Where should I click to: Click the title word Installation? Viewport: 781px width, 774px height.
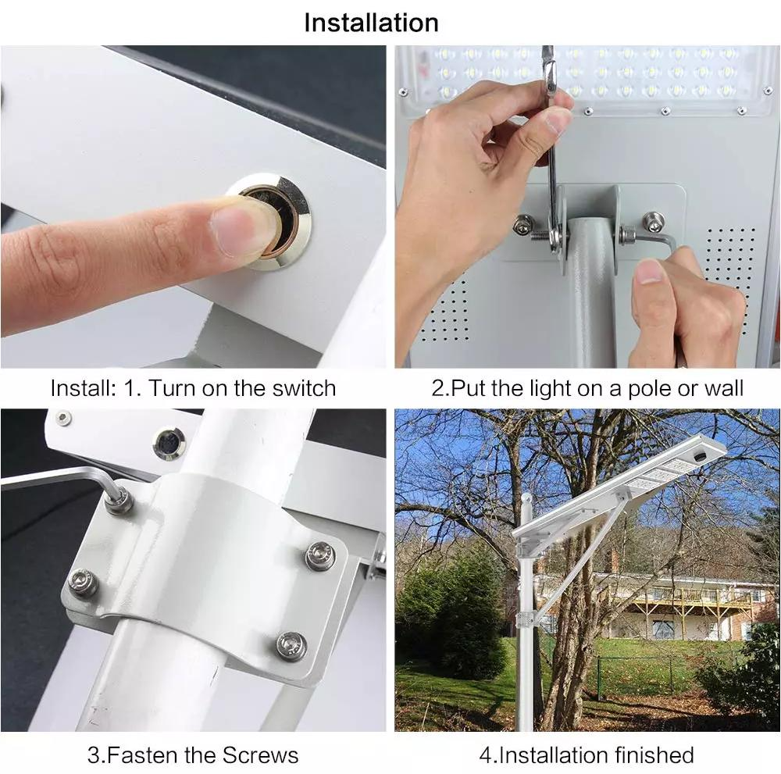point(371,23)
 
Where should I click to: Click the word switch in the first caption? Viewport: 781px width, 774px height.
point(304,388)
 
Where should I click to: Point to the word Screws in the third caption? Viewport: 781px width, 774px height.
point(260,755)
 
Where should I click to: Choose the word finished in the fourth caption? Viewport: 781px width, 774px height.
point(654,755)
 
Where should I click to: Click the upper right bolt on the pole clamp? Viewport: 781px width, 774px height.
point(319,556)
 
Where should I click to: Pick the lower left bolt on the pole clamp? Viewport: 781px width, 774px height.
point(82,582)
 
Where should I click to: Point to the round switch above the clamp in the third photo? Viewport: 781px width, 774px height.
point(169,444)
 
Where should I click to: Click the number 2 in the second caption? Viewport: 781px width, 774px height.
point(437,388)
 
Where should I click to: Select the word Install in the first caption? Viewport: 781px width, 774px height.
point(82,388)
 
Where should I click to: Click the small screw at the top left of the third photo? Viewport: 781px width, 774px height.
point(62,417)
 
